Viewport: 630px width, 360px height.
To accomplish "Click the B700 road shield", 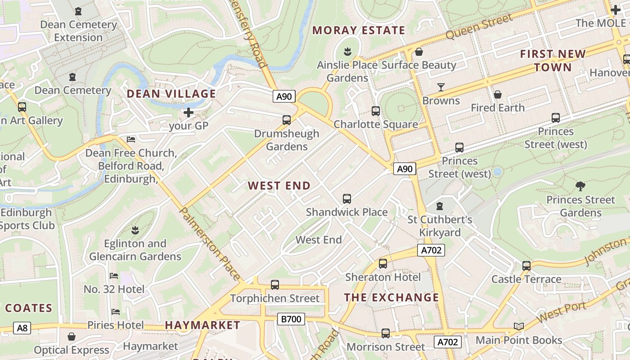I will click(291, 319).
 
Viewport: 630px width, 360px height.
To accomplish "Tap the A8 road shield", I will click(22, 328).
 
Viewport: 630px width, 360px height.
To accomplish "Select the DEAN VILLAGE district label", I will click(171, 94).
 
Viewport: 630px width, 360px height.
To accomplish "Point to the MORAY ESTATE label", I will click(359, 30).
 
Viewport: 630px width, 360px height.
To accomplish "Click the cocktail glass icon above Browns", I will click(441, 87).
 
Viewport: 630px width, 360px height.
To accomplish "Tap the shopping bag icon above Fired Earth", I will click(497, 94).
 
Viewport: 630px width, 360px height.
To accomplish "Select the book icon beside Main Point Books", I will click(518, 326).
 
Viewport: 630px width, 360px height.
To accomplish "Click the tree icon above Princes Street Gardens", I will click(580, 186).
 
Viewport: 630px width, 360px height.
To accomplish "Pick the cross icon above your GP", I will click(189, 112).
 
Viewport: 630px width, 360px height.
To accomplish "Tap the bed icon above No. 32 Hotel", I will click(114, 275).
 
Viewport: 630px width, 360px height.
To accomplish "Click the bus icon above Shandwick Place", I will click(346, 198).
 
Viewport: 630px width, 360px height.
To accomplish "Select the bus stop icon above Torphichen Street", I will click(274, 284).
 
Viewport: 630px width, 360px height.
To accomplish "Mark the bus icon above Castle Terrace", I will click(526, 265).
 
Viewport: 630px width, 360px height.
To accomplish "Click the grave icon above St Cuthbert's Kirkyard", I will click(440, 206).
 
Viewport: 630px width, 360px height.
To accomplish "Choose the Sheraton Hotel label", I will click(383, 277).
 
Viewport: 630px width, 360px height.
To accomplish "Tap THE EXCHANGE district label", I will click(391, 297).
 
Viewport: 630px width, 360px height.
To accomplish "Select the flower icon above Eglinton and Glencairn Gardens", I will click(135, 230).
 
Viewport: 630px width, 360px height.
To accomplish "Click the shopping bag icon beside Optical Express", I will click(71, 337).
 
